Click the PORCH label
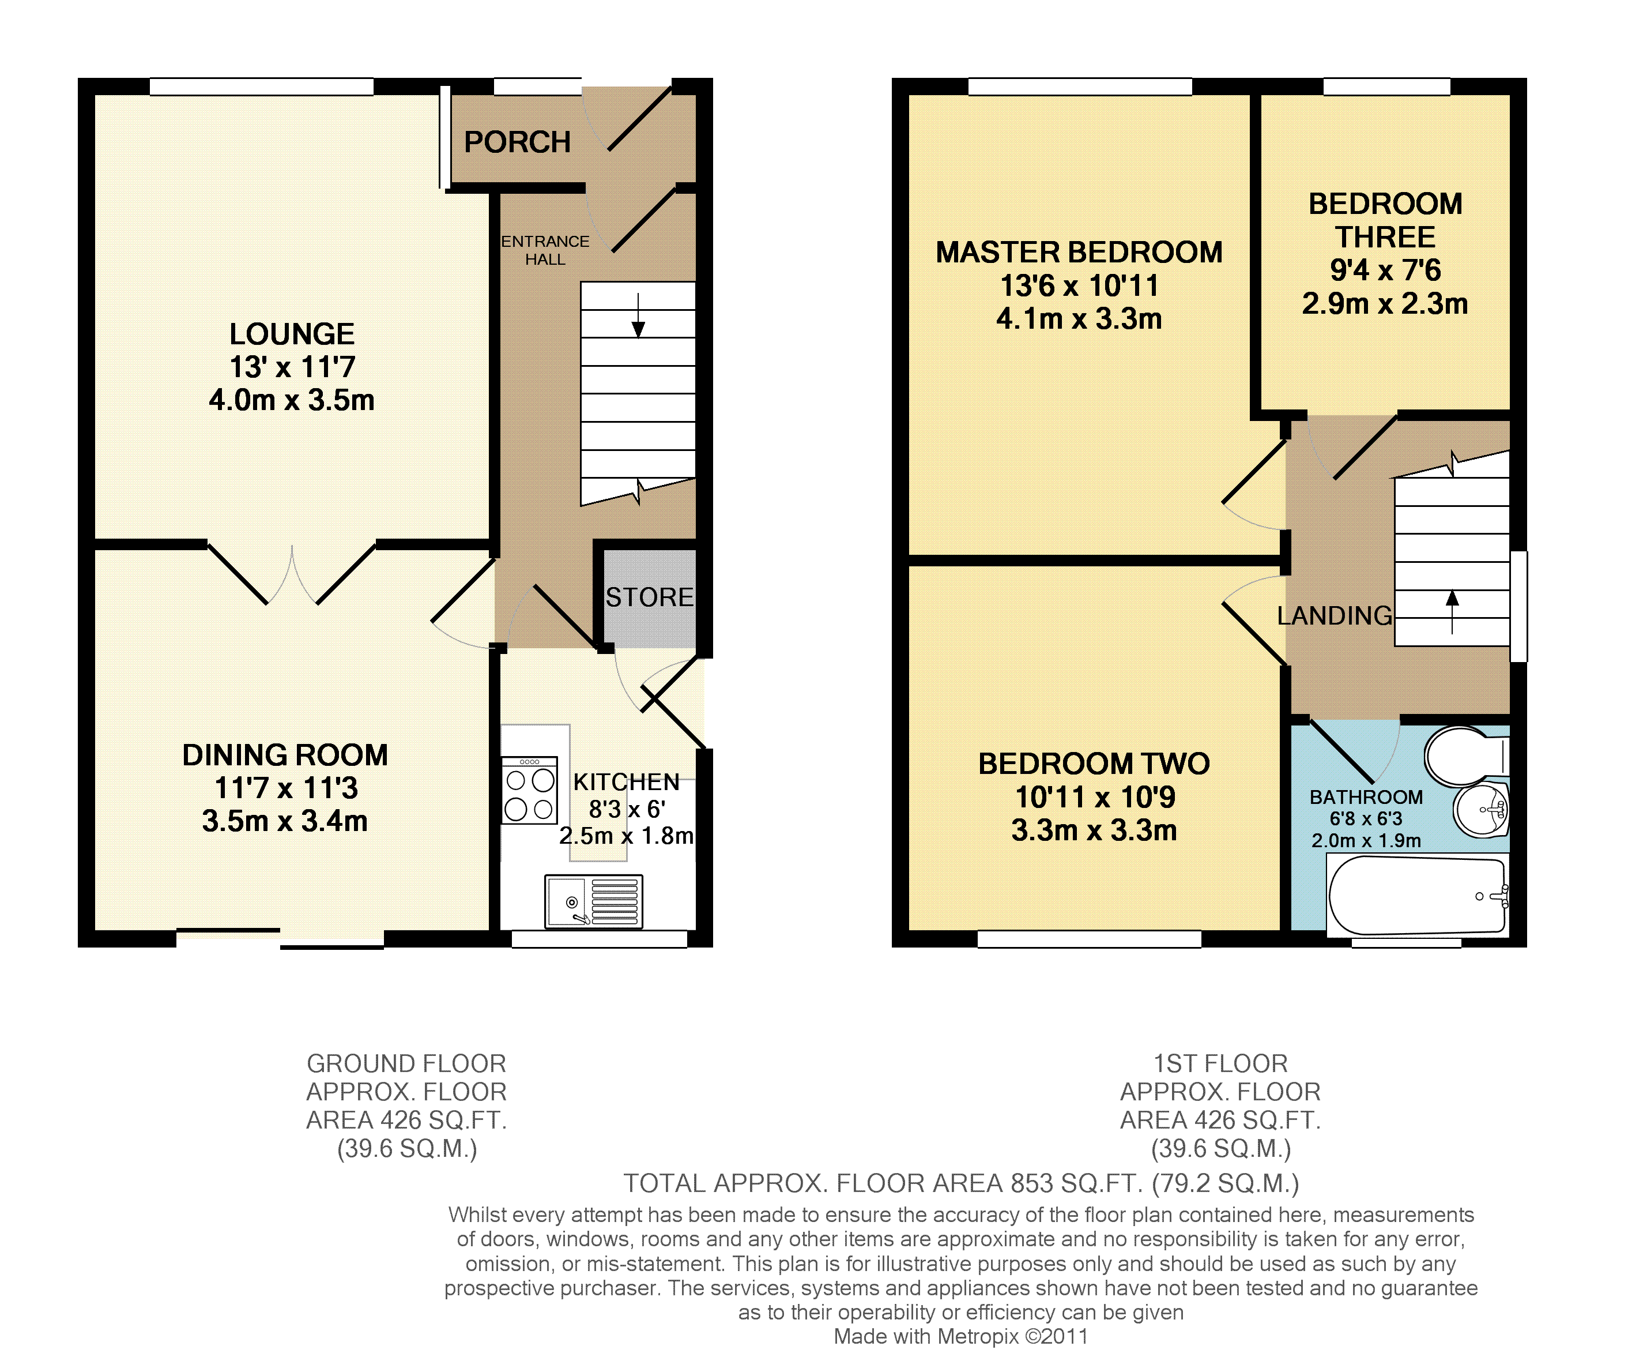point(517,142)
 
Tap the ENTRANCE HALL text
point(545,250)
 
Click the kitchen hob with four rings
point(529,790)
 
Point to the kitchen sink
point(594,901)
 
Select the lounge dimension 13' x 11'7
point(292,367)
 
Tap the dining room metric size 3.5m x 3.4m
point(285,821)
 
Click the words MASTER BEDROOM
point(1079,252)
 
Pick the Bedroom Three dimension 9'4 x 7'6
point(1385,270)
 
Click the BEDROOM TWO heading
point(1094,764)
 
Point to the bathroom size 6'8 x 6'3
point(1366,819)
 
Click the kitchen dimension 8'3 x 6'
point(627,810)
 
